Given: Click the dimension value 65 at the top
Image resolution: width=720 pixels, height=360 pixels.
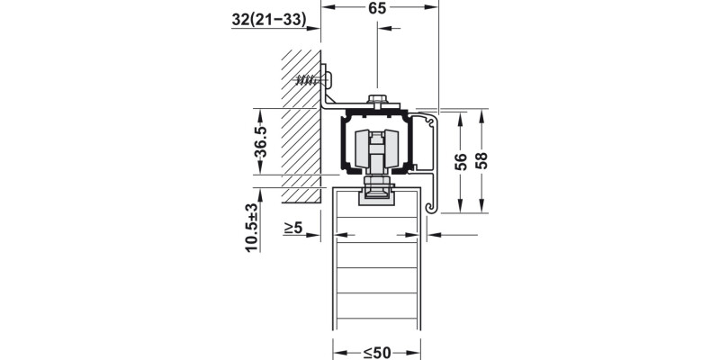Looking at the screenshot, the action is (377, 8).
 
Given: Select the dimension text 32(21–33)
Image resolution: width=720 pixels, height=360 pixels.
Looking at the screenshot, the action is (268, 19).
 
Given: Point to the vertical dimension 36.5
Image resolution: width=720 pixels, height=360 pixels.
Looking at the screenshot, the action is (261, 142).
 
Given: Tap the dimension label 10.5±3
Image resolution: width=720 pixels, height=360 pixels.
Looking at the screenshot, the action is (252, 228).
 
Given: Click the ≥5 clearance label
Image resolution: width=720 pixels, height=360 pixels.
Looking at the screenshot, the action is (293, 228).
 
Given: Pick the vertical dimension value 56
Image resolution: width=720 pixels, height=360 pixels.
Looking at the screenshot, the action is (461, 162).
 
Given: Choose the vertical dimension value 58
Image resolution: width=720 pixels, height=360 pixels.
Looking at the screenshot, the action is (481, 161).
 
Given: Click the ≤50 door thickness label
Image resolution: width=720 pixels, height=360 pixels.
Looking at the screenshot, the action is (377, 353).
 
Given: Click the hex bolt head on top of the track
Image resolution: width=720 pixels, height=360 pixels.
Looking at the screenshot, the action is (377, 100).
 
